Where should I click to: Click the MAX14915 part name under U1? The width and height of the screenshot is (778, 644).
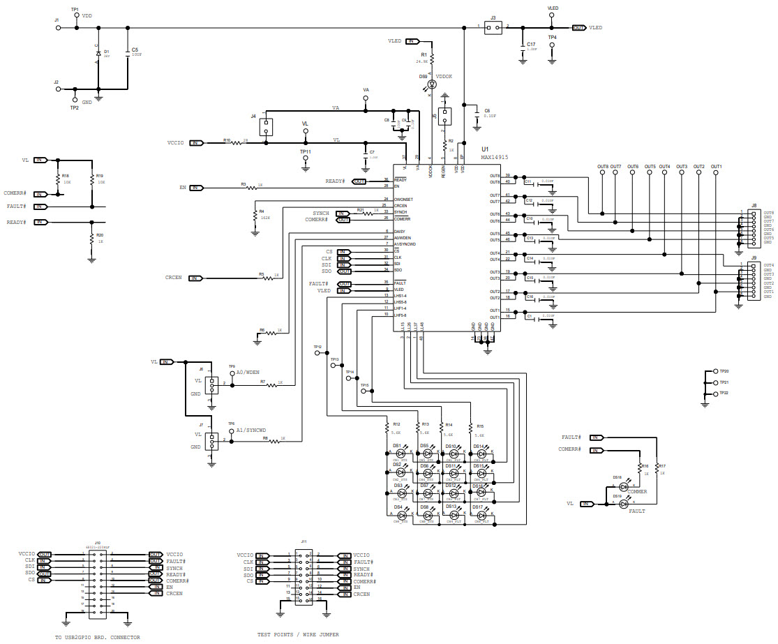tap(494, 158)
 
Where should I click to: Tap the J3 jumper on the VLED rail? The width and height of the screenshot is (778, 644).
tap(493, 27)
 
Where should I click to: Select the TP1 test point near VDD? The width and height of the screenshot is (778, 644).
tap(75, 8)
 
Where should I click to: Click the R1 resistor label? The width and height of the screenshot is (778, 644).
tap(423, 54)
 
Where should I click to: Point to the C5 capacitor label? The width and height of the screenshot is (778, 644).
tap(135, 50)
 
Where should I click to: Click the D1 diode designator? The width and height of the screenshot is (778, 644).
tap(106, 51)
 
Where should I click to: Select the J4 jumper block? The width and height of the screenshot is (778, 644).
tap(265, 128)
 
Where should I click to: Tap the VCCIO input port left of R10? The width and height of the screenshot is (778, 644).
tap(197, 142)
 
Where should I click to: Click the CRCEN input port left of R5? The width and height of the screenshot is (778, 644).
tap(197, 278)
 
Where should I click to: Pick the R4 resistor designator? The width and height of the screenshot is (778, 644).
tap(262, 211)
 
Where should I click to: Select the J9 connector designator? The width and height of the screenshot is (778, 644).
tap(754, 258)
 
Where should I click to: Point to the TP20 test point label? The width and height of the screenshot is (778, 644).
tap(724, 371)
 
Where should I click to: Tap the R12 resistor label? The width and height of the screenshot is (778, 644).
tap(396, 424)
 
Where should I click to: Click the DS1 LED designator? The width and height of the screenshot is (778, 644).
tap(396, 445)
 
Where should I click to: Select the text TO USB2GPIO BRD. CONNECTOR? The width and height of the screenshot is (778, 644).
tap(97, 637)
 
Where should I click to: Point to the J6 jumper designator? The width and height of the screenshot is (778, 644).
tap(201, 369)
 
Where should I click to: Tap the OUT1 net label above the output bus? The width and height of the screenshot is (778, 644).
tap(716, 167)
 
